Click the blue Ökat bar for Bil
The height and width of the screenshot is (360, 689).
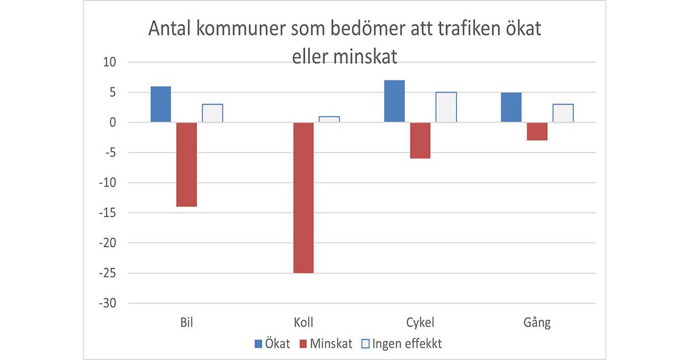click(161, 104)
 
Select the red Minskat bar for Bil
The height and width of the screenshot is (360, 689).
click(187, 164)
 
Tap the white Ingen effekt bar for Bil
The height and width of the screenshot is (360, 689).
click(212, 113)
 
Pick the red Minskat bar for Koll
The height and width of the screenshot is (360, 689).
click(303, 198)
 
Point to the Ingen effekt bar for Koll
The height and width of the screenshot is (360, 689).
click(329, 119)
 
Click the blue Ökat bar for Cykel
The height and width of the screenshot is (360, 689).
click(394, 101)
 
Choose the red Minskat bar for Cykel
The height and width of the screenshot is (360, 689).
click(420, 140)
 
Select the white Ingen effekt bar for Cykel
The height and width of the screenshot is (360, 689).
click(446, 107)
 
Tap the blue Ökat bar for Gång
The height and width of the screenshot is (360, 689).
click(511, 107)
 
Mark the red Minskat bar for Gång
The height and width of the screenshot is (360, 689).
click(537, 131)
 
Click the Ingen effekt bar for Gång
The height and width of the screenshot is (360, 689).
click(563, 113)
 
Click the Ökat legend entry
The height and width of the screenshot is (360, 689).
click(273, 344)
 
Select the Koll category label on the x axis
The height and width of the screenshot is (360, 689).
click(303, 323)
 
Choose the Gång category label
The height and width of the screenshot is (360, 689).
click(537, 323)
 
